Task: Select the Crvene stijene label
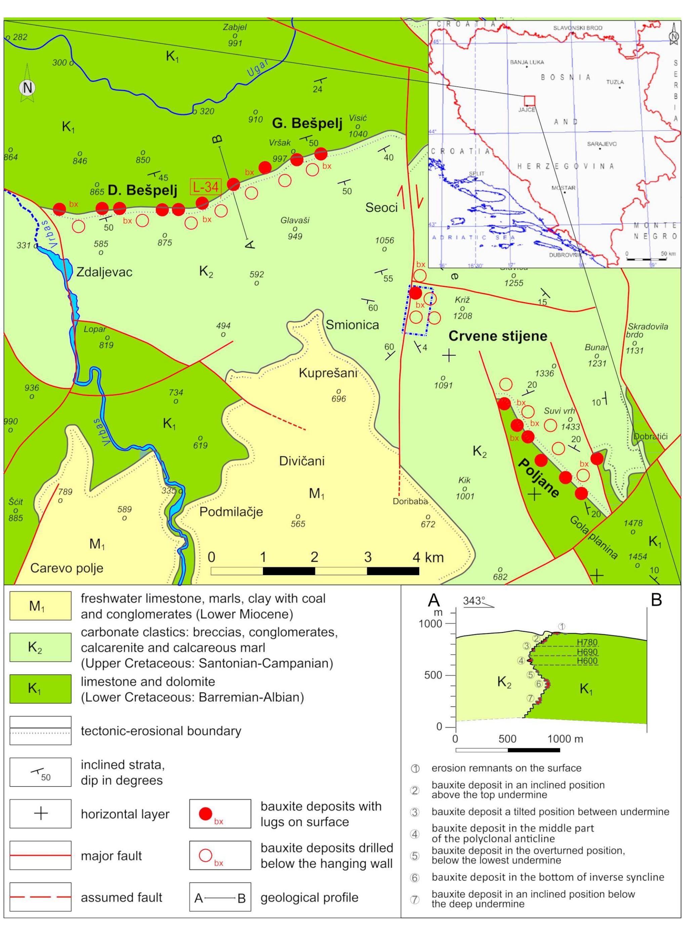[498, 336]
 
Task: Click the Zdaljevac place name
[104, 272]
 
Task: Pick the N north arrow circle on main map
[28, 88]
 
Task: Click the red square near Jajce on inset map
[529, 101]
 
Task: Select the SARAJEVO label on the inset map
[602, 144]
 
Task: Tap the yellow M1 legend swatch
[40, 606]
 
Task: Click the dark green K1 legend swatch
[40, 689]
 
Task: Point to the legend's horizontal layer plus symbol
[40, 813]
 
